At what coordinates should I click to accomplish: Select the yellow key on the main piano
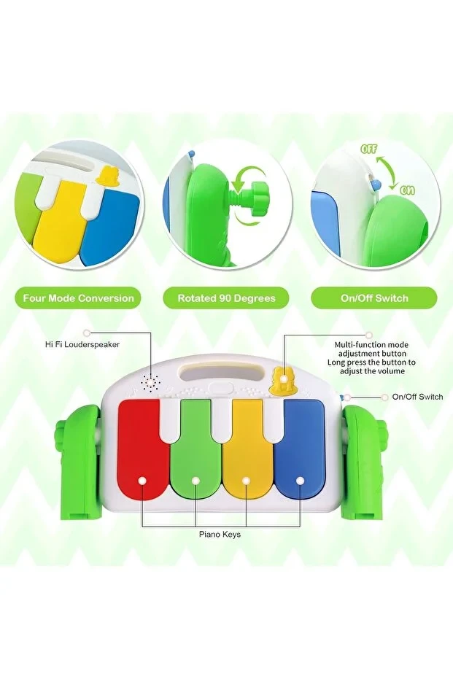click(x=247, y=451)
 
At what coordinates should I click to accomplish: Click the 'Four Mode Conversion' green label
click(x=78, y=298)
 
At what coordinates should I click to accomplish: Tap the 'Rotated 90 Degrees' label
click(x=226, y=298)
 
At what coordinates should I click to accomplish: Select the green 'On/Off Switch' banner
click(x=374, y=298)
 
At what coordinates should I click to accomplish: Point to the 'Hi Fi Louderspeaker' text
click(x=82, y=345)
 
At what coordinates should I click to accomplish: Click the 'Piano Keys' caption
click(x=220, y=535)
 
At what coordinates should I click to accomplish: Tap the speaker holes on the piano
click(x=150, y=381)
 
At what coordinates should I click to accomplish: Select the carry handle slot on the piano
click(x=221, y=373)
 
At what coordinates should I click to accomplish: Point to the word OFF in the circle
click(x=369, y=150)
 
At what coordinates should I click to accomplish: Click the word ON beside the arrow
click(x=407, y=190)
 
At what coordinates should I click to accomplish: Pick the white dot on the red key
click(x=142, y=481)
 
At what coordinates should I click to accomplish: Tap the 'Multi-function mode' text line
click(x=371, y=345)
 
